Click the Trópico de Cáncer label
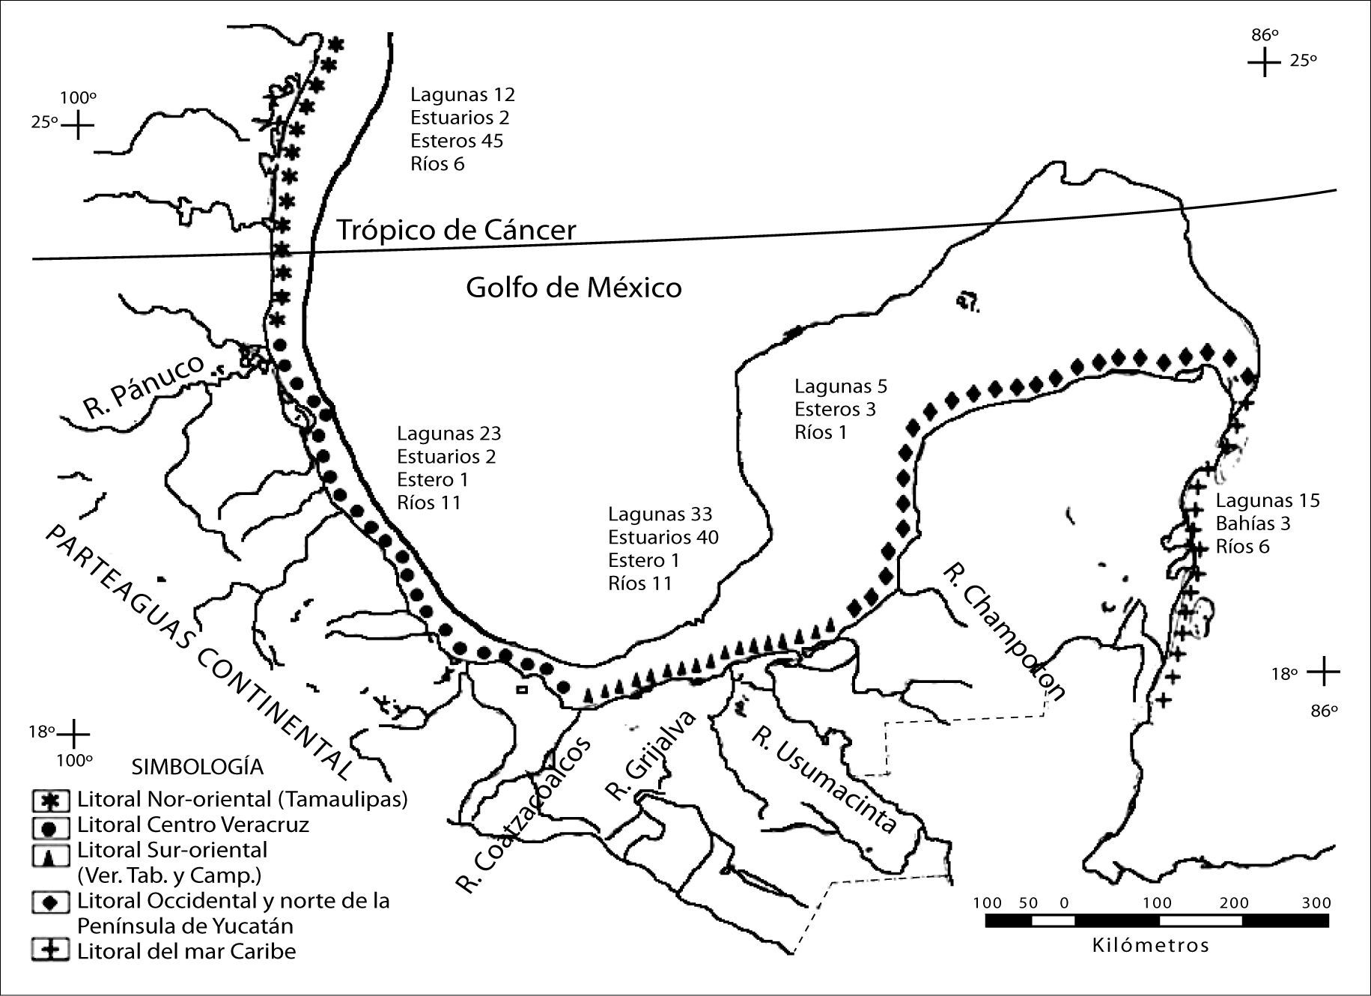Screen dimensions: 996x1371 (x=456, y=230)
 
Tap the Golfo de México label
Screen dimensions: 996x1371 (x=574, y=288)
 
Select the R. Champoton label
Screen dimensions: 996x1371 (x=1003, y=631)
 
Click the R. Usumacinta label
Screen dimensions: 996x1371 (x=824, y=779)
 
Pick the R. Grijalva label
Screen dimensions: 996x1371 (x=650, y=756)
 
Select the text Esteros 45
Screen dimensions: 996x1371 (x=457, y=141)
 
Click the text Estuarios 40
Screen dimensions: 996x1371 (x=663, y=538)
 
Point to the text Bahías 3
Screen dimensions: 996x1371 (x=1253, y=523)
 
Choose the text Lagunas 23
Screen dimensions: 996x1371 (x=449, y=434)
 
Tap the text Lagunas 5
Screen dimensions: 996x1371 (x=840, y=386)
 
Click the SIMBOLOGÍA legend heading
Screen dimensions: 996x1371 (x=198, y=767)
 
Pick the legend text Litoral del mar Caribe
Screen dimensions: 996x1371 (x=186, y=952)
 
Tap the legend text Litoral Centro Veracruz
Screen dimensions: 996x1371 (x=192, y=825)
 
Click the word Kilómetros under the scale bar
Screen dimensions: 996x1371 (x=1150, y=945)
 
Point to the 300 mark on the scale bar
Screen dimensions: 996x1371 (x=1316, y=903)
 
